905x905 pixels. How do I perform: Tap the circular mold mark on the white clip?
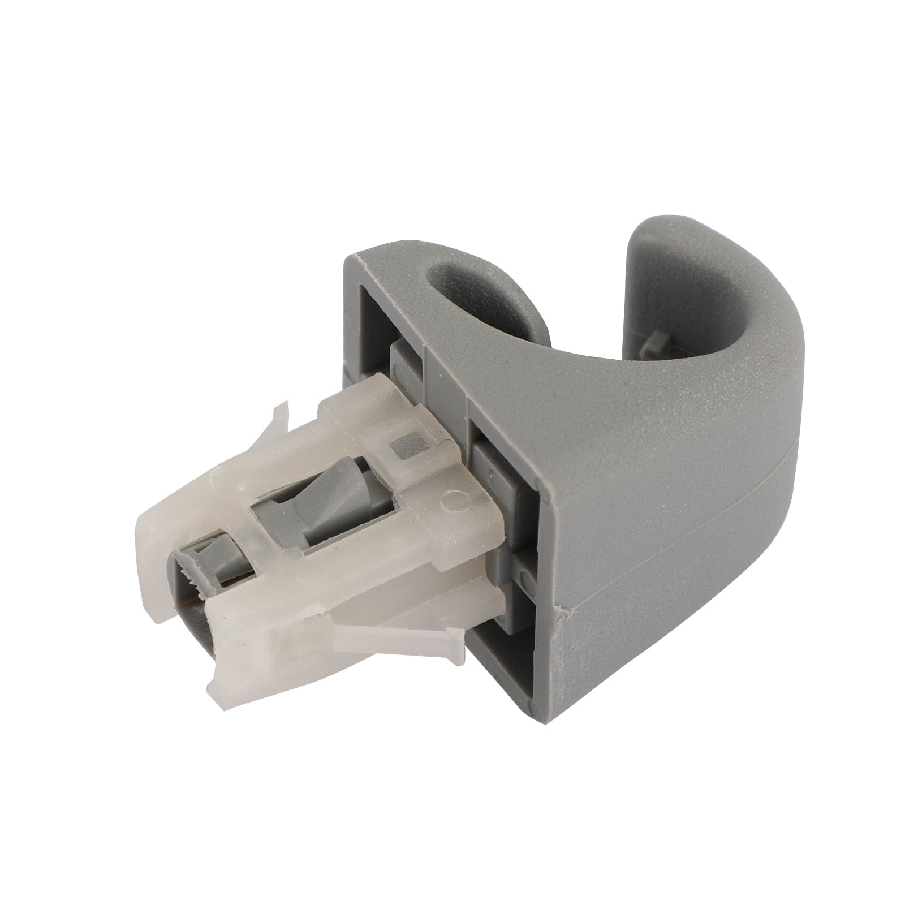click(x=453, y=499)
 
